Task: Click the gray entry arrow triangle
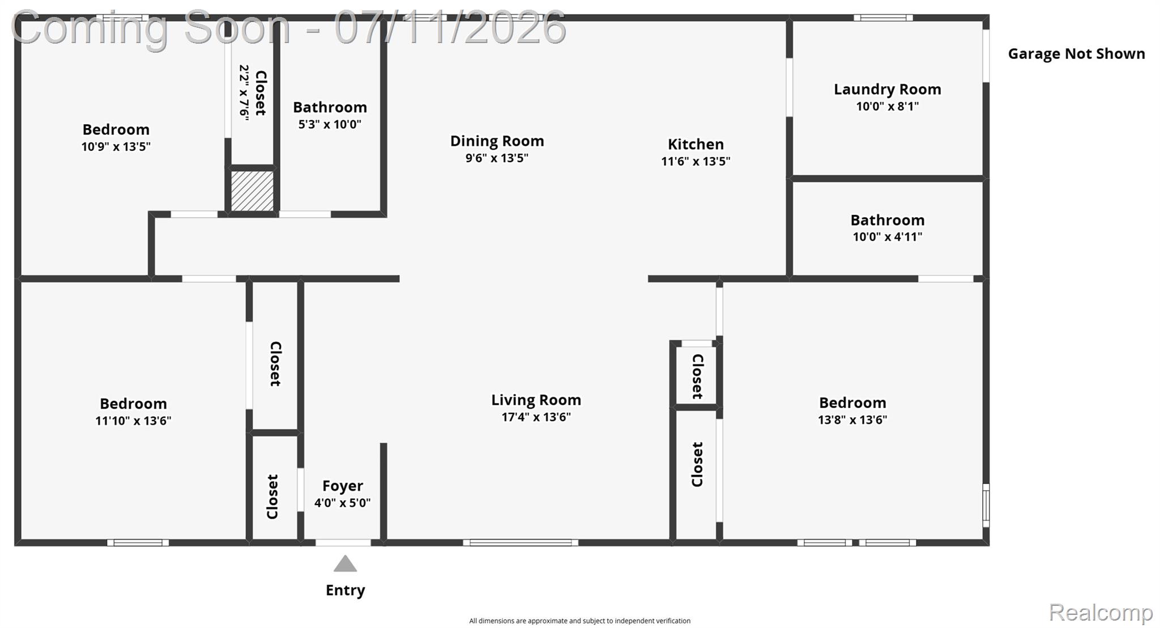click(345, 564)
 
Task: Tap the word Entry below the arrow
click(346, 591)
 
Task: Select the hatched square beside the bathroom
click(253, 191)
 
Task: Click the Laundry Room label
click(888, 89)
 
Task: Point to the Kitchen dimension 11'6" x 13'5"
click(696, 161)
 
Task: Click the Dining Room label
click(497, 141)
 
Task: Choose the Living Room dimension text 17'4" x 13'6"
click(536, 417)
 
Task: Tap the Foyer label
click(343, 486)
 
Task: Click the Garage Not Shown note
click(1076, 54)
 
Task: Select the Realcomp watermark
click(1101, 613)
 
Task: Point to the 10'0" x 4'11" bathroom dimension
click(888, 237)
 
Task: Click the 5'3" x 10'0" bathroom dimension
click(330, 124)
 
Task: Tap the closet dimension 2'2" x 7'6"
click(244, 92)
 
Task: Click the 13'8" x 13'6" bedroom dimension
click(852, 420)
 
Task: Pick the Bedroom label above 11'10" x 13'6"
click(133, 404)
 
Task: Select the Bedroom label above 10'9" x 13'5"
click(116, 129)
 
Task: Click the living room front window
click(521, 542)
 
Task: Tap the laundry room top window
click(883, 18)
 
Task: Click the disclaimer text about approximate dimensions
click(579, 621)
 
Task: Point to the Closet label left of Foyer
click(272, 497)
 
